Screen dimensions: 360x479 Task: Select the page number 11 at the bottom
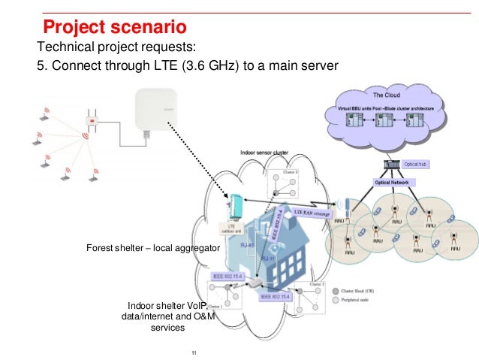[194, 353]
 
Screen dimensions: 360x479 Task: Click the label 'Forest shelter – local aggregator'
[152, 247]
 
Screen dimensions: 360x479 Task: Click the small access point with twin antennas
[92, 120]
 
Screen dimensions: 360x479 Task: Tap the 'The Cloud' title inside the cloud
[386, 96]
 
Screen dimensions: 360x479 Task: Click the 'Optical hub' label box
[416, 164]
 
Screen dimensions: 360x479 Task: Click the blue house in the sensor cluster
[270, 248]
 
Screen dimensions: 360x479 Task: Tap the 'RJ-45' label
[245, 244]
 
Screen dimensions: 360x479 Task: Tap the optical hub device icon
[390, 165]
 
